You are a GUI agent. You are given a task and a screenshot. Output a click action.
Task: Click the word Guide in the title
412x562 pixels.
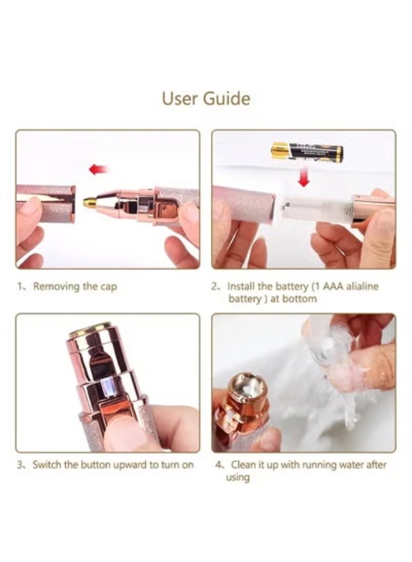click(227, 98)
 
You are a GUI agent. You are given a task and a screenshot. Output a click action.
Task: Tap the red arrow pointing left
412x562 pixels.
click(98, 169)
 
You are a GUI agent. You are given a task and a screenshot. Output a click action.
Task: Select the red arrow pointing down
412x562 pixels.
click(303, 177)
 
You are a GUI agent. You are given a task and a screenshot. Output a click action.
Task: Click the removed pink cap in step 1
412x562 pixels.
click(46, 204)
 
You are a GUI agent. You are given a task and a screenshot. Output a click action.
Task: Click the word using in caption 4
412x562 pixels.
click(237, 478)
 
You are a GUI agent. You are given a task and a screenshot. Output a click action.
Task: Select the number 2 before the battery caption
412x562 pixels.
click(214, 286)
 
